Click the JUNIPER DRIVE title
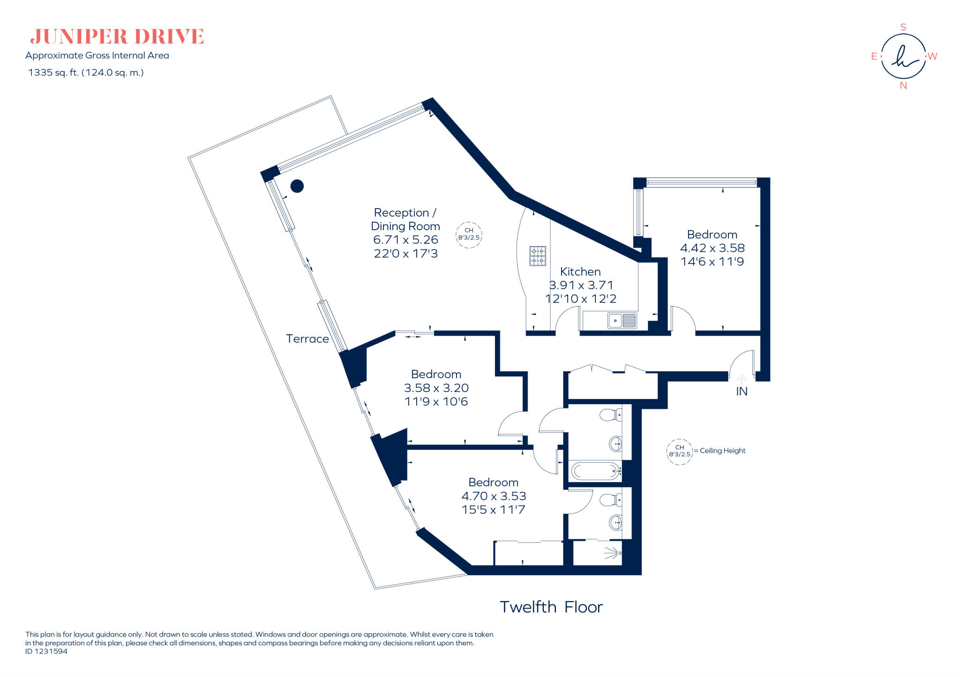[x=117, y=37]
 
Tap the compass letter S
[x=903, y=27]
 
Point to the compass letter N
[x=903, y=86]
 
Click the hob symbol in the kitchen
[x=538, y=256]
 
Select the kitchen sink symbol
[x=622, y=321]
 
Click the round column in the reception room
[x=297, y=186]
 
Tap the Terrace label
[x=307, y=339]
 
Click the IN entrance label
[x=742, y=391]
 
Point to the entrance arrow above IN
[x=742, y=379]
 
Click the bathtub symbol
[x=595, y=471]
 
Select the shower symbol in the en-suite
[x=612, y=553]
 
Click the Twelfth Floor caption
[x=551, y=607]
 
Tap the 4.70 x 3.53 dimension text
[x=494, y=496]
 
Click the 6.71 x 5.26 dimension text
[x=405, y=240]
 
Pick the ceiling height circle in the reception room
[x=469, y=234]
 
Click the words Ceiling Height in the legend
[x=722, y=451]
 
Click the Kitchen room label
[x=580, y=271]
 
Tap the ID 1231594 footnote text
[x=46, y=651]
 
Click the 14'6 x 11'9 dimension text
[x=712, y=262]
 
